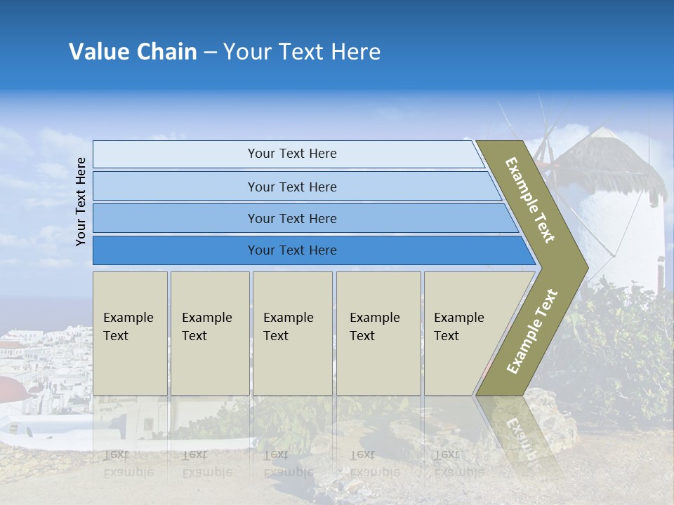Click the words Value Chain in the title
tap(133, 52)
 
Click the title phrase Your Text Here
tap(302, 52)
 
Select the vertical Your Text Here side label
tap(81, 201)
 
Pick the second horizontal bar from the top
tap(291, 187)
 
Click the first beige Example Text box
tap(130, 333)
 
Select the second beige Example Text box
tap(209, 333)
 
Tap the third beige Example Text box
tap(292, 333)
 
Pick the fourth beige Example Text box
tap(378, 333)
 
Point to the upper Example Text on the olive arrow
tap(530, 200)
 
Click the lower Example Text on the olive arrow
tap(531, 331)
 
